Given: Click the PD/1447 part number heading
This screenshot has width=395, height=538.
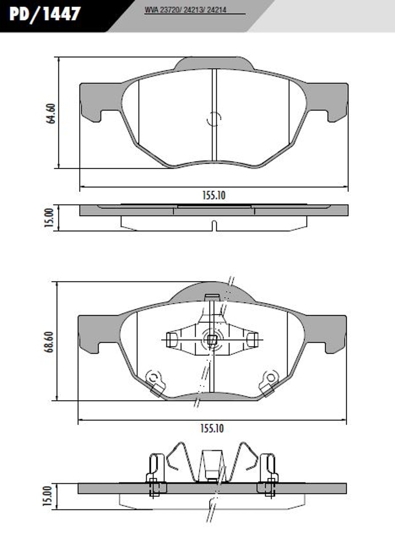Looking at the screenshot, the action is [x=45, y=14].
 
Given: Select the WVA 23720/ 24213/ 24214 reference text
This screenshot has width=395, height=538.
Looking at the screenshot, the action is [x=185, y=10].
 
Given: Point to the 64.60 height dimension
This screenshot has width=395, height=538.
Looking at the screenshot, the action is [x=51, y=114].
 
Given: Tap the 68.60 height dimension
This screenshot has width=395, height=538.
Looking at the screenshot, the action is [x=49, y=342].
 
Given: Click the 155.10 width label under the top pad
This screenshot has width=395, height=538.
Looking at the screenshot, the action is [x=214, y=195].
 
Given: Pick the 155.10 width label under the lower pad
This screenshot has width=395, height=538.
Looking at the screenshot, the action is [x=212, y=429].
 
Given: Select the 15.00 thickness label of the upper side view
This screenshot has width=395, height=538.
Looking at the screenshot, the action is [x=49, y=218].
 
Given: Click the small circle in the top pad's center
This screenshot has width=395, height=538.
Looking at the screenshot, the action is [x=214, y=119].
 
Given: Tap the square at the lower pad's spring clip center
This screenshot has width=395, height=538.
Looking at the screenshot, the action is [x=212, y=339].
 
